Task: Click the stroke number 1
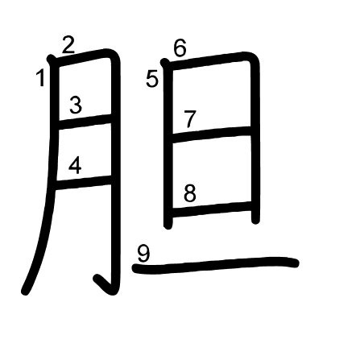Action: click(40, 78)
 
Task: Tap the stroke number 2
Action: click(68, 45)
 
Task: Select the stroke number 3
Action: click(76, 105)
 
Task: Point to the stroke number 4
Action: click(75, 166)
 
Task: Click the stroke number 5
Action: click(152, 79)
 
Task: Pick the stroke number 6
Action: click(180, 48)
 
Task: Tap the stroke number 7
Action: click(190, 118)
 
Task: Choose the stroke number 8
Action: click(190, 193)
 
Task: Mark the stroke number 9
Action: click(143, 253)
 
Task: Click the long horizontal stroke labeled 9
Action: click(216, 266)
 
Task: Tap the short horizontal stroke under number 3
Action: click(85, 122)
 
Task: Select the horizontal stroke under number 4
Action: click(83, 183)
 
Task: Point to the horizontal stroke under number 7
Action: click(212, 134)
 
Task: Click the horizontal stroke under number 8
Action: click(212, 209)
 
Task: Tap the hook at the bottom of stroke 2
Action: click(103, 284)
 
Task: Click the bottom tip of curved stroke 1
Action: click(25, 292)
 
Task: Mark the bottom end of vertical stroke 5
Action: click(168, 226)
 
